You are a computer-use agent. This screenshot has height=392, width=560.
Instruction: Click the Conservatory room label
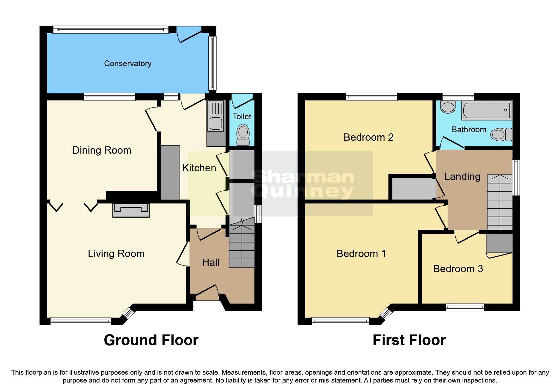point(128,64)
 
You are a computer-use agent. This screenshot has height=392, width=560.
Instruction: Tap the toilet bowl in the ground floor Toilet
point(243,133)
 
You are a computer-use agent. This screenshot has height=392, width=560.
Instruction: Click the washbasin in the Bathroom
point(447,107)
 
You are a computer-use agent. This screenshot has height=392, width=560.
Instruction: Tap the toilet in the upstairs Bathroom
point(501,134)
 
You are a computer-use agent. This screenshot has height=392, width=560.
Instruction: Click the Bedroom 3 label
point(458,269)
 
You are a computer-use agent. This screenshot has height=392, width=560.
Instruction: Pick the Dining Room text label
point(102,150)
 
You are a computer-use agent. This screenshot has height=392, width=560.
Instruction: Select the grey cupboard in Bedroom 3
point(499,243)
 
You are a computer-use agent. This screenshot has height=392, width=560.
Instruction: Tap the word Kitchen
point(199,168)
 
